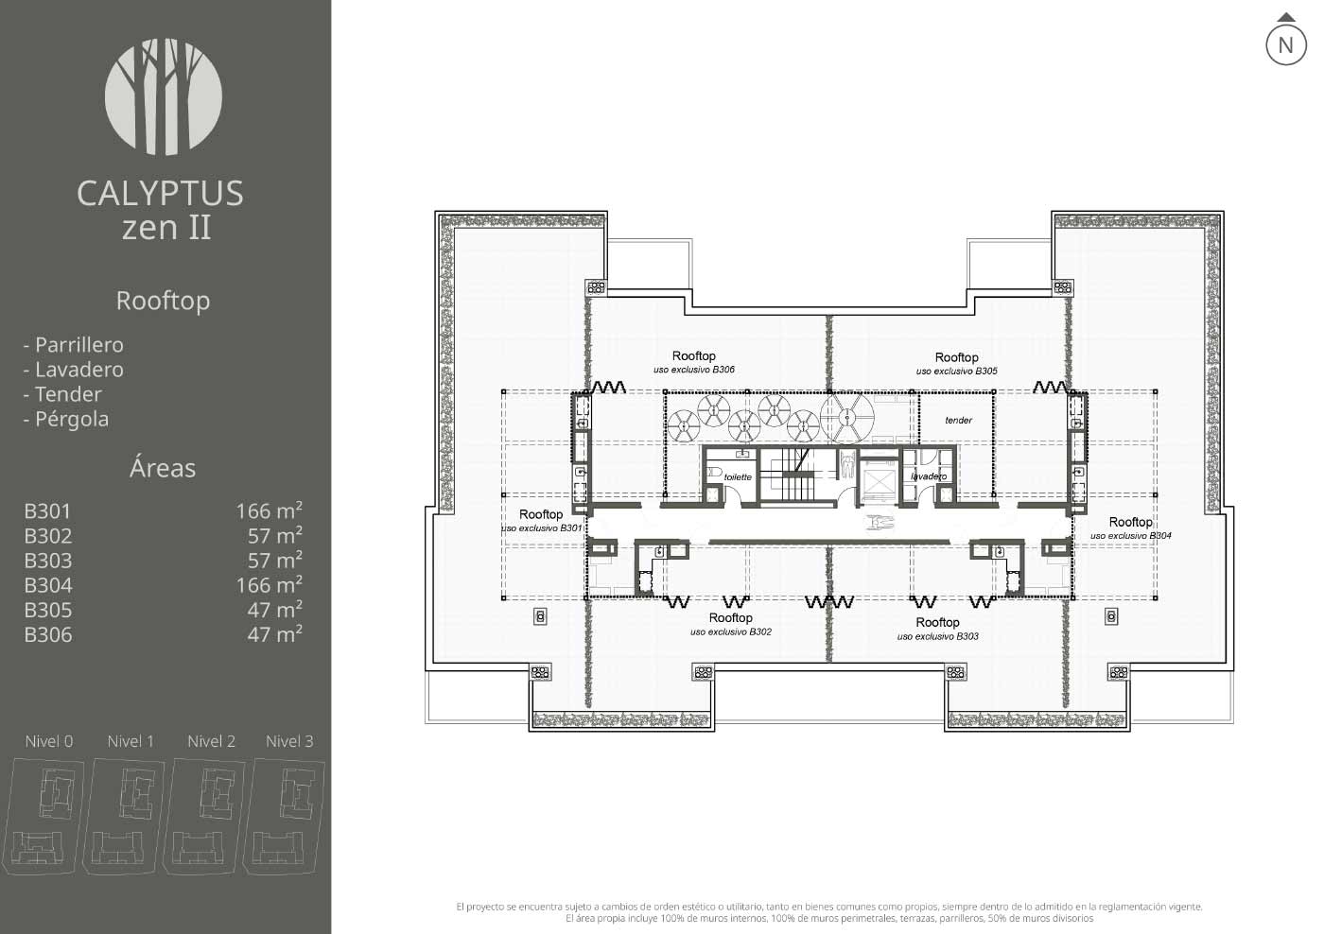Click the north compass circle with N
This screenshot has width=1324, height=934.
tap(1285, 44)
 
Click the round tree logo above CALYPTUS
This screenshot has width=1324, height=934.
tap(164, 96)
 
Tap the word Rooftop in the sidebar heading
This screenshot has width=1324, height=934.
tap(163, 301)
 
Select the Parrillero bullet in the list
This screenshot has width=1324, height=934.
tap(74, 344)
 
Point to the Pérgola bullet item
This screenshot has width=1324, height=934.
tap(66, 419)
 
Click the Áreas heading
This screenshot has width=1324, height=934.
tap(163, 467)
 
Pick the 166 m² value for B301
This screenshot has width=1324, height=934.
tap(270, 510)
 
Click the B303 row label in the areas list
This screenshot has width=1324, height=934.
tap(48, 560)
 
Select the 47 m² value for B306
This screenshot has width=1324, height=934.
tap(275, 634)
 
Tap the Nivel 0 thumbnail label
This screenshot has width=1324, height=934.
tap(49, 741)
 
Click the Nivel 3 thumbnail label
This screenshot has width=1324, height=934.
tap(289, 741)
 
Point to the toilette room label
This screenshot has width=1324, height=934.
tap(738, 476)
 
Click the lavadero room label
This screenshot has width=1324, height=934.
tap(929, 476)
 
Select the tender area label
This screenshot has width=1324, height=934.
tap(958, 420)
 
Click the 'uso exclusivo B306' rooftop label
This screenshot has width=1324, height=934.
tap(694, 370)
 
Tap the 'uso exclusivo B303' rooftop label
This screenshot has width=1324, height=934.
tap(937, 636)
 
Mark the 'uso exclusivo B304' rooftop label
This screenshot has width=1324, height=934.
tap(1131, 536)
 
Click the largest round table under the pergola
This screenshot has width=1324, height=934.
tap(847, 418)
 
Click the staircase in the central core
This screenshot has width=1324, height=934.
tap(795, 475)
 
